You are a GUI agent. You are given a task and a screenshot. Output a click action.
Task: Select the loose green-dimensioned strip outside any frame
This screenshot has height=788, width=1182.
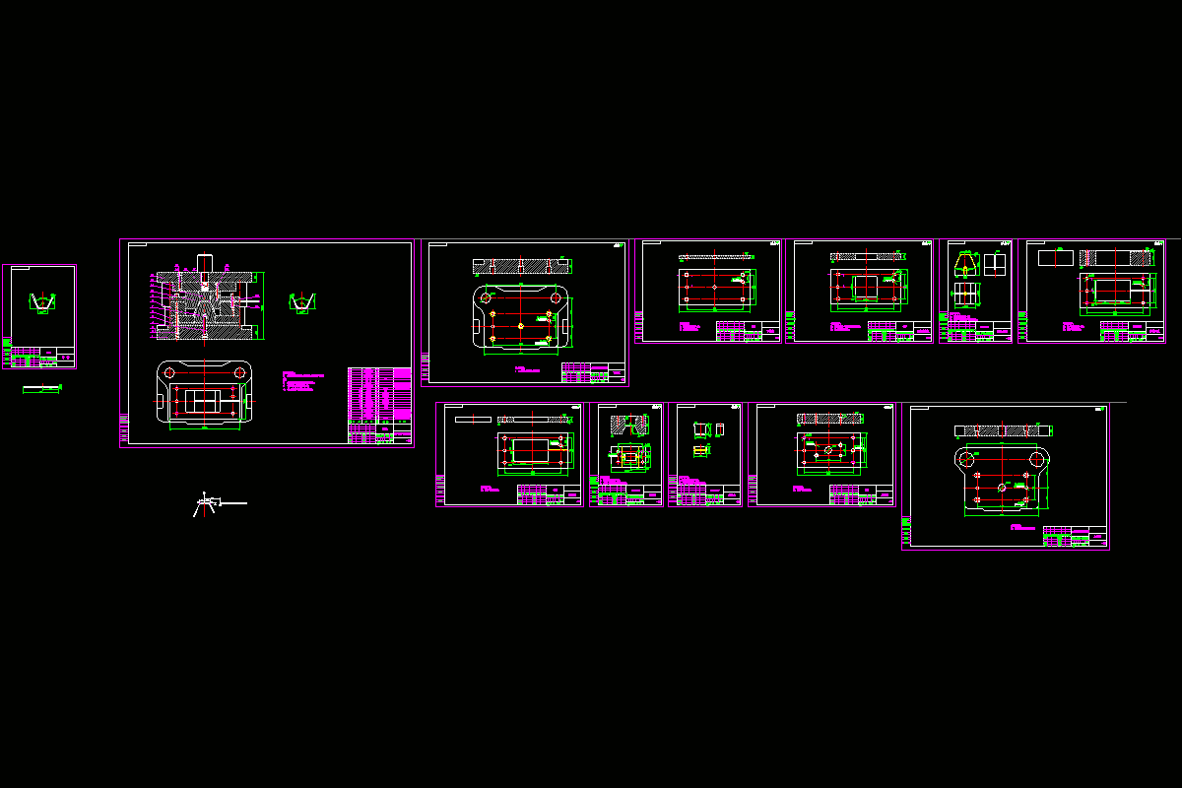41,389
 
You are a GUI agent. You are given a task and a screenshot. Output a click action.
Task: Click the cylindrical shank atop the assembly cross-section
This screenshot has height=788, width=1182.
206,262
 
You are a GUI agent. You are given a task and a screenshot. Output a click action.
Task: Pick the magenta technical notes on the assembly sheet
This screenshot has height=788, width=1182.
300,382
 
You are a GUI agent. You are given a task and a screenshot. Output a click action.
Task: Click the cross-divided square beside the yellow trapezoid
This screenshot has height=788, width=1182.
995,264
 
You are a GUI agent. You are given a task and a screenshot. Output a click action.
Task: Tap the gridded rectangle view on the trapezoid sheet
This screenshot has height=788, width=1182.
965,294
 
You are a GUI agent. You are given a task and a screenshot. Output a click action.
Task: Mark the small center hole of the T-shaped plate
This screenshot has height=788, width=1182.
1002,487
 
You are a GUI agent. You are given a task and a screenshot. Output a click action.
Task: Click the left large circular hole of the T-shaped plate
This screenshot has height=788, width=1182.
967,460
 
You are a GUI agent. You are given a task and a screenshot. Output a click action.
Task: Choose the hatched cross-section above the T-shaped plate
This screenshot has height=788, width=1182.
1003,429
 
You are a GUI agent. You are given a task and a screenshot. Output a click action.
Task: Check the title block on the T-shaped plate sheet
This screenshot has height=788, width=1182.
1076,537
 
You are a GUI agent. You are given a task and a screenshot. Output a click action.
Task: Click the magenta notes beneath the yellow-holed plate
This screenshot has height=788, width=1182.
527,369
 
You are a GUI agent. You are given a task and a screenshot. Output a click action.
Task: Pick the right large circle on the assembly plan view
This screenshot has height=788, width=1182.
239,372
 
